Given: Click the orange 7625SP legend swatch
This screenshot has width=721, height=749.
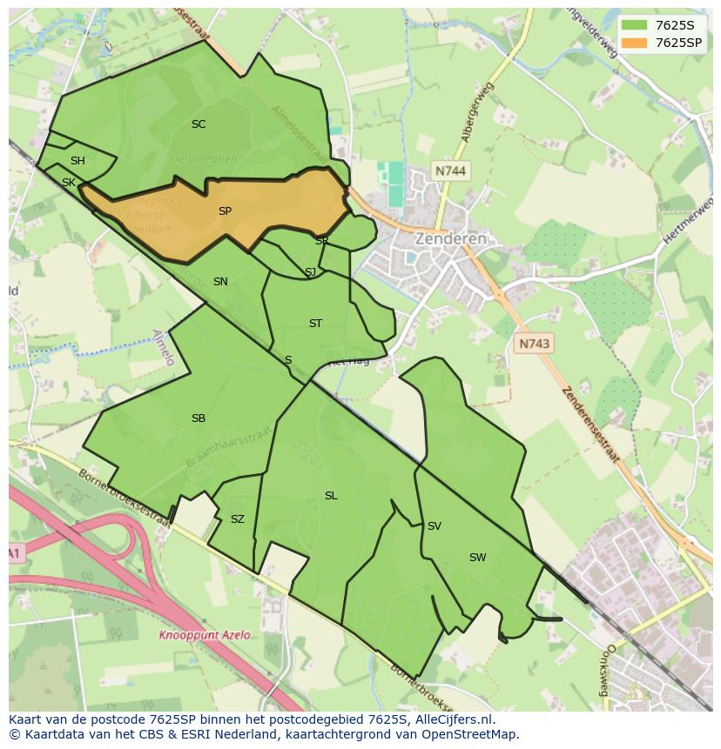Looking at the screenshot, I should coord(634,43).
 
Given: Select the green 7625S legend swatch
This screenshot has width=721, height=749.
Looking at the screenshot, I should coord(634,24).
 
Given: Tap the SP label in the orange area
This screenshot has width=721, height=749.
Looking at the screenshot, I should coord(225,211).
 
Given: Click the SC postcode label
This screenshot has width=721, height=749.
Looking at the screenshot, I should coord(199,124).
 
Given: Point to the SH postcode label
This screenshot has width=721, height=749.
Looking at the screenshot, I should coord(77,161).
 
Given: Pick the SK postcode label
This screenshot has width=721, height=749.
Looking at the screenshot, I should coord(68,183).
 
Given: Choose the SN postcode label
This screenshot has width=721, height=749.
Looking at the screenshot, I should coord(220,282).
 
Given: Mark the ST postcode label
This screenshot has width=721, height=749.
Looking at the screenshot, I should coord(315,324).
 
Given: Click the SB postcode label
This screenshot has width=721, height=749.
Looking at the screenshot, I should coord(199,418).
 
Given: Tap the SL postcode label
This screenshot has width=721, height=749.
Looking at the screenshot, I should coord(331,496).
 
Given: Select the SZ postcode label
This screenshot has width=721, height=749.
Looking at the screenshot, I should coord(238,519).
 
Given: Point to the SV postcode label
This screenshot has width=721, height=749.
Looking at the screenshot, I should coord(434,526).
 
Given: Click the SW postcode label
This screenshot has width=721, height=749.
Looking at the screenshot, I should coord(477,558).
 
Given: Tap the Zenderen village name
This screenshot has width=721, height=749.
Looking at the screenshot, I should coord(450,238).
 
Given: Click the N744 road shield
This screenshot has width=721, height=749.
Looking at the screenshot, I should coord(450,171).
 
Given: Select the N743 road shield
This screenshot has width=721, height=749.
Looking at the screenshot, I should coord(534,344).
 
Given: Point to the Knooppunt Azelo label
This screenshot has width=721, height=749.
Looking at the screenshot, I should coord(204,635).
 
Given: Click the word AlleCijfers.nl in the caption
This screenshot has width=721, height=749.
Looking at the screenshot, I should coord(454,720).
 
